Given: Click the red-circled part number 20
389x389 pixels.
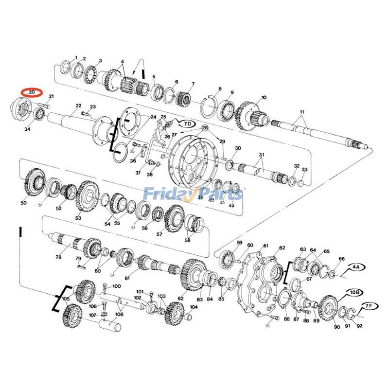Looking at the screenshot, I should pyautogui.click(x=32, y=91).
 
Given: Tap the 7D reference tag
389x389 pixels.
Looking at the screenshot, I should pyautogui.click(x=187, y=124).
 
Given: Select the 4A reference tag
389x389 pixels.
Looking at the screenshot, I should pyautogui.click(x=356, y=267).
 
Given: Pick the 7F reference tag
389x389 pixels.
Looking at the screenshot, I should pyautogui.click(x=370, y=306).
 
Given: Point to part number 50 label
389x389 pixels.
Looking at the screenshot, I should pyautogui.click(x=23, y=203).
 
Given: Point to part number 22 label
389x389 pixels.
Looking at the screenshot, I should pyautogui.click(x=78, y=106).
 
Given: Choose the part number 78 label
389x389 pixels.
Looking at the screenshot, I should pyautogui.click(x=58, y=257).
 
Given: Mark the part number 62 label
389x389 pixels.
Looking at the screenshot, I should pyautogui.click(x=282, y=248).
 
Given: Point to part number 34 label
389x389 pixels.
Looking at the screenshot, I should pyautogui.click(x=27, y=129).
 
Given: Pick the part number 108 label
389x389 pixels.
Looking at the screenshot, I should pyautogui.click(x=119, y=314).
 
